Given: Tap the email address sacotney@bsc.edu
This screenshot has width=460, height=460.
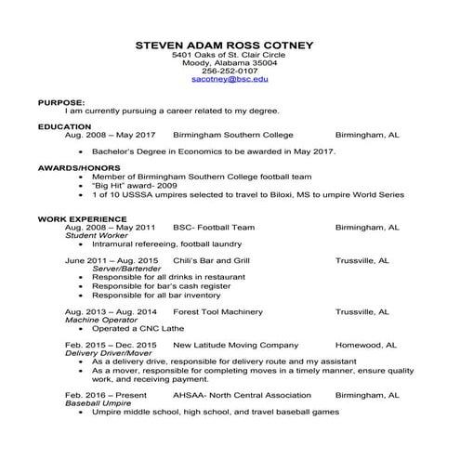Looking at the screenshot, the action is pos(230,80).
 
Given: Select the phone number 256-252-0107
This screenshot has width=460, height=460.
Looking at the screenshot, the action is pos(230,71).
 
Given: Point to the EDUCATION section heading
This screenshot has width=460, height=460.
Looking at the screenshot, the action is pos(64,126).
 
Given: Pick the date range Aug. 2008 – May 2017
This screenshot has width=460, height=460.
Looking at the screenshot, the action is pos(111,135).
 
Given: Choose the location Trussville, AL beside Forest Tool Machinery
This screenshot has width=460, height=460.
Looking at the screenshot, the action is pos(361,310).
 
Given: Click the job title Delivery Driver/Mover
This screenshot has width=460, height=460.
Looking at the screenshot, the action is pos(109,352).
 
